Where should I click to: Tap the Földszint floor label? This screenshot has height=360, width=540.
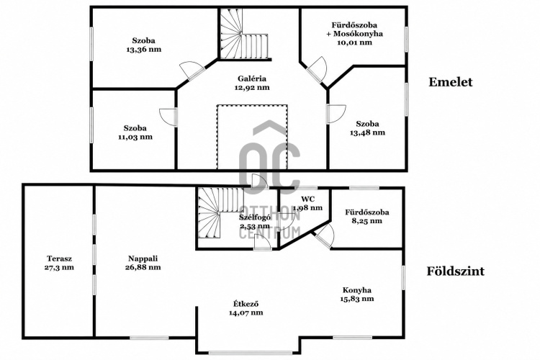tap(456, 271)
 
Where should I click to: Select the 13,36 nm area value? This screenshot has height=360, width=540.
tap(143, 49)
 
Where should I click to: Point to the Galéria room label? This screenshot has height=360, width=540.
tap(252, 78)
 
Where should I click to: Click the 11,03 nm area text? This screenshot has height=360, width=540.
tap(135, 137)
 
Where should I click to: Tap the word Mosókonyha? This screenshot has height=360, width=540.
tap(358, 34)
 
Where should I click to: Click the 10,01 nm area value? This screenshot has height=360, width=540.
tap(355, 42)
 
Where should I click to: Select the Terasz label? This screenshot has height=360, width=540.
tap(59, 258)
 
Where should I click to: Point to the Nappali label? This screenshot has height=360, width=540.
tap(143, 258)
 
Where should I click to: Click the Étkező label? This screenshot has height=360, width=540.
tap(246, 304)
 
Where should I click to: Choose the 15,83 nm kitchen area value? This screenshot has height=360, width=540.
tap(357, 299)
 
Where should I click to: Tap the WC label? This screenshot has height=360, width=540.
tap(307, 199)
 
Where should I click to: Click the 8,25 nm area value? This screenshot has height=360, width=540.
tap(366, 221)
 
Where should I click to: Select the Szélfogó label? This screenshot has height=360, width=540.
tap(255, 217)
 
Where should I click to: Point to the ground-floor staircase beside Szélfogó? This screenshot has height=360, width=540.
tap(221, 213)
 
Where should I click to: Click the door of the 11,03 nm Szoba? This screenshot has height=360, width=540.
tap(168, 117)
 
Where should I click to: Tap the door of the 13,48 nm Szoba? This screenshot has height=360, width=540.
tap(336, 114)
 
